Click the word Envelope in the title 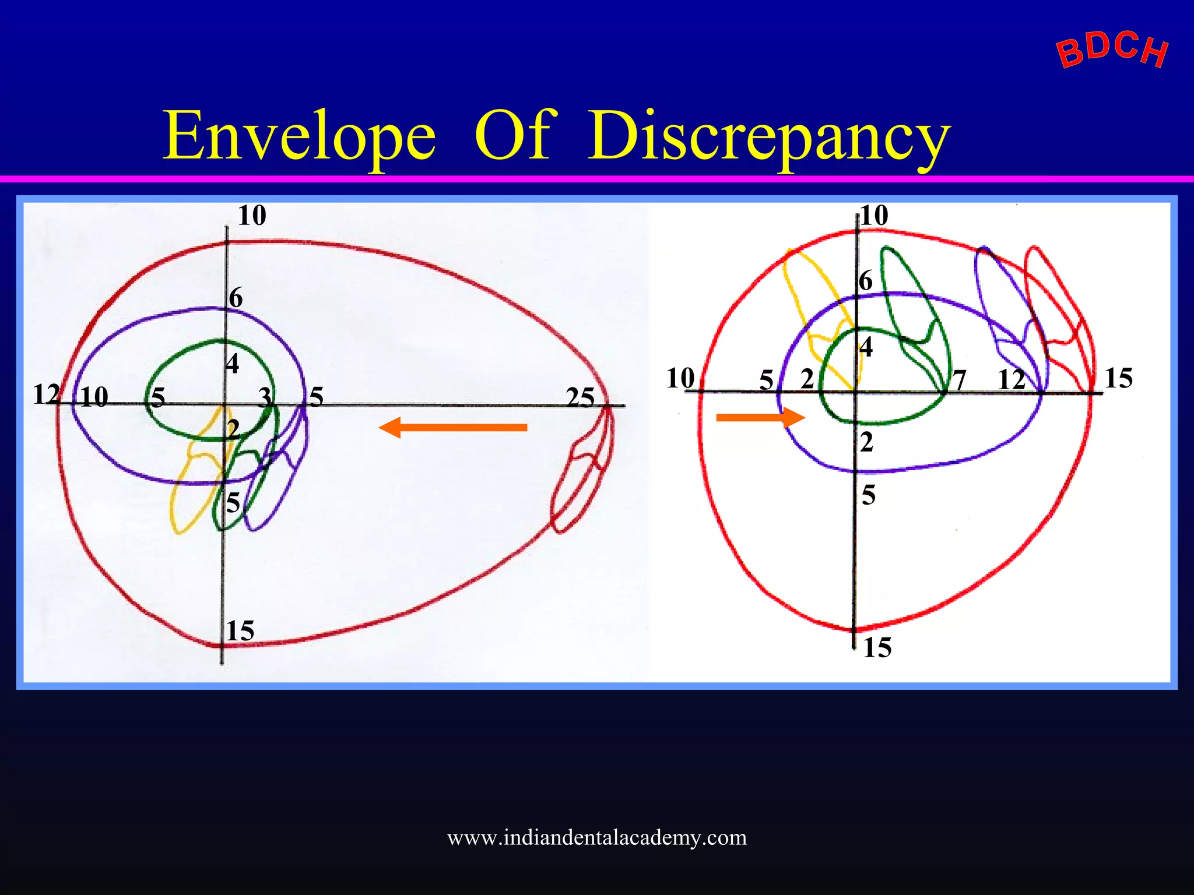[299, 137]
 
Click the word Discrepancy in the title [768, 137]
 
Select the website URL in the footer [596, 838]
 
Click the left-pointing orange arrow [453, 427]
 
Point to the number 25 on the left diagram [580, 398]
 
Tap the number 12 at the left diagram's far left [45, 394]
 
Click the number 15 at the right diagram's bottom [877, 648]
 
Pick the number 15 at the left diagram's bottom [240, 631]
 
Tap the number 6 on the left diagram [236, 298]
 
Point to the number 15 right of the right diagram [1118, 378]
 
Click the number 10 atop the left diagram [252, 216]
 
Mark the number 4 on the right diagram [866, 347]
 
